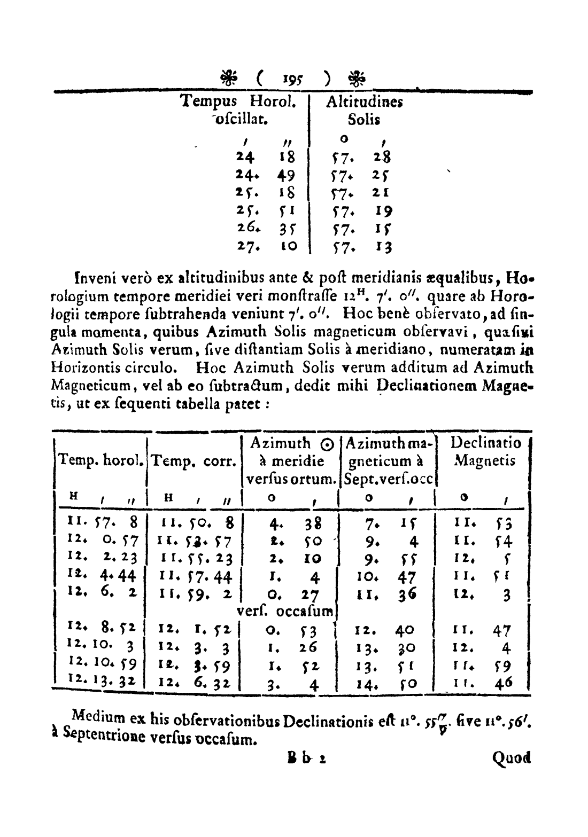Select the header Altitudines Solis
(x=364, y=110)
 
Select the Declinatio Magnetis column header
(x=485, y=451)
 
